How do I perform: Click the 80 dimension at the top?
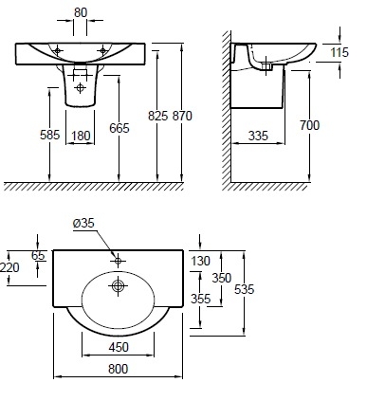click(x=81, y=12)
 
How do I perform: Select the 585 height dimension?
click(x=49, y=135)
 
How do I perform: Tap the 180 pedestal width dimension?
click(x=81, y=136)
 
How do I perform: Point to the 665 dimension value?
click(x=119, y=128)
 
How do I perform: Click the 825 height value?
click(x=157, y=116)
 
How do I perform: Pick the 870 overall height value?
click(x=182, y=116)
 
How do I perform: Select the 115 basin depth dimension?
click(x=339, y=52)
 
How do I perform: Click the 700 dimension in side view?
click(x=309, y=125)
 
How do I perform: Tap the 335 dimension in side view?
click(x=258, y=136)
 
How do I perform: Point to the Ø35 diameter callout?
click(x=83, y=223)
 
